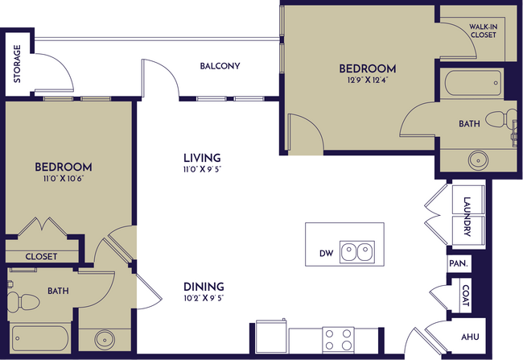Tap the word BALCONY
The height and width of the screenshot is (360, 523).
click(220, 66)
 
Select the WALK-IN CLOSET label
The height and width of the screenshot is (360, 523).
click(483, 31)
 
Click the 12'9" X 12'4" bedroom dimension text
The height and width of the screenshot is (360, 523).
click(367, 81)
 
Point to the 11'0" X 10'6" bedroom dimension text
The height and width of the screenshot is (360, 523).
click(63, 180)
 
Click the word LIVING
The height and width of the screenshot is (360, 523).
click(201, 158)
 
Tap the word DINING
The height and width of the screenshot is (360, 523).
click(203, 286)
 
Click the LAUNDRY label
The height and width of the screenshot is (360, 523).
click(467, 216)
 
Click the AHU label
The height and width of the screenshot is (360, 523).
click(468, 338)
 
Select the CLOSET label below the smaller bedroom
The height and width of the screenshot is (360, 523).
click(41, 256)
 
